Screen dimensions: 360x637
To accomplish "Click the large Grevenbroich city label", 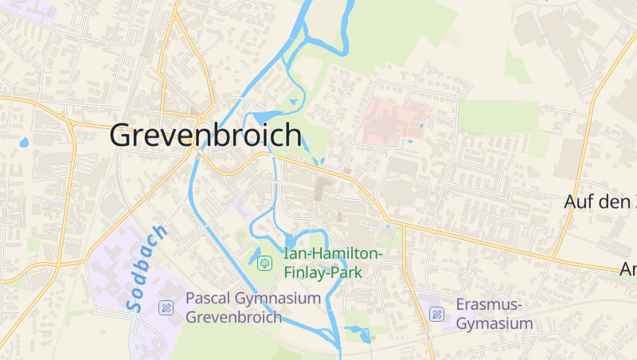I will point(205,135).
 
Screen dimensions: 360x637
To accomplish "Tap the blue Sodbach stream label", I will point(147,267).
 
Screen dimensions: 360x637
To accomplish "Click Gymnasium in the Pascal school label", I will point(276,299).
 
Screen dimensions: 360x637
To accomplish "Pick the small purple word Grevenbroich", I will point(234,317).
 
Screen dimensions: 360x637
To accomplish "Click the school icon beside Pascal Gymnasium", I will point(166,307).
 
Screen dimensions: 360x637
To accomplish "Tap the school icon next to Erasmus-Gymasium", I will point(436,314).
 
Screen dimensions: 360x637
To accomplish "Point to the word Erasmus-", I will point(489,305).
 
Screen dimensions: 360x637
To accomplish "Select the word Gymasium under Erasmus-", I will point(494,323).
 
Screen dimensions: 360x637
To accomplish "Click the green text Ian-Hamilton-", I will point(333,254).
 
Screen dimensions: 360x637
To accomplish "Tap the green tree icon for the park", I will point(265,263).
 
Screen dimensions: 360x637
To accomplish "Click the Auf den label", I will point(596,202).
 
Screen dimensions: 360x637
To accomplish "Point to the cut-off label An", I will point(627,270).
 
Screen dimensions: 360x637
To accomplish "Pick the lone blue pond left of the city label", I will point(24,143).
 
